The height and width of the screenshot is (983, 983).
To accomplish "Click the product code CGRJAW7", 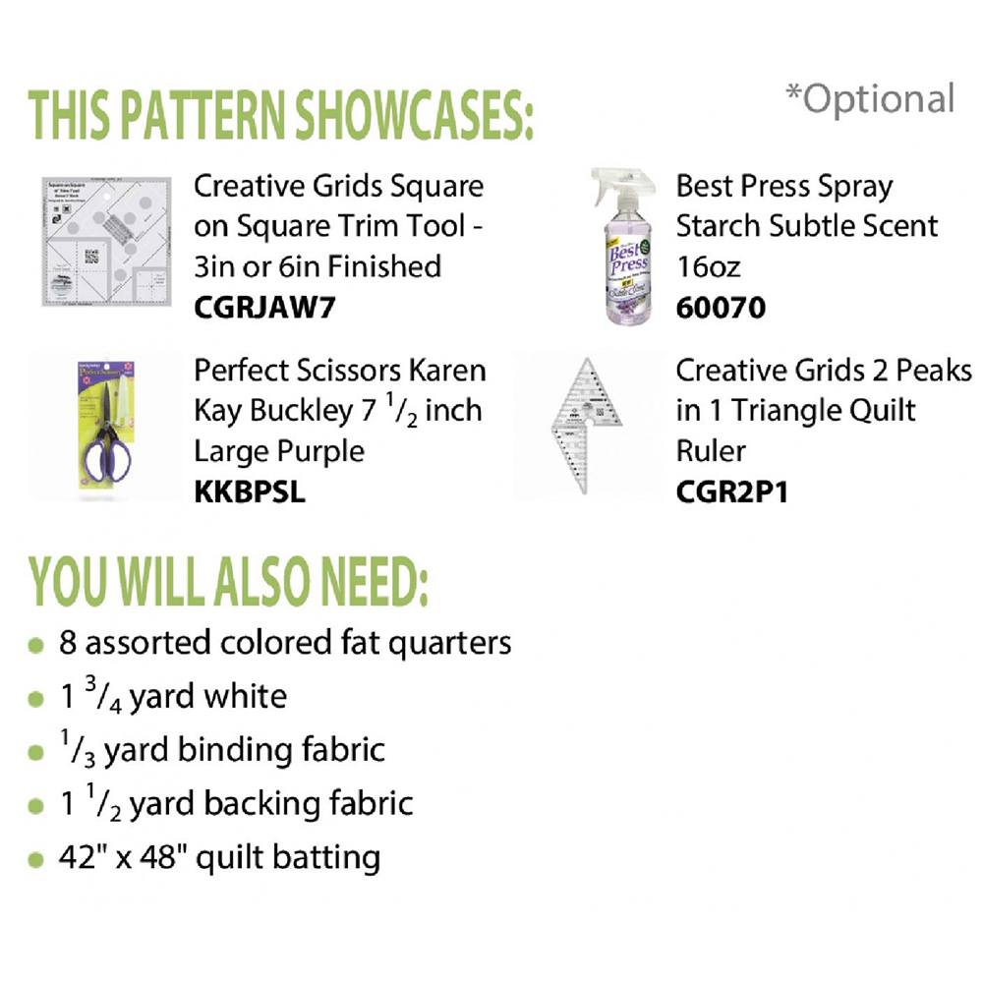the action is [x=264, y=307].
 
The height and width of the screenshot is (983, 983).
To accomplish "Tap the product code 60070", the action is [x=721, y=307].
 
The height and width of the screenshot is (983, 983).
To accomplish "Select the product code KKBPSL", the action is [x=250, y=491].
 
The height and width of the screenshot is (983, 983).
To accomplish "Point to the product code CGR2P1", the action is [x=731, y=491].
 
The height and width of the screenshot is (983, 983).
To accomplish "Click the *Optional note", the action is [x=870, y=99].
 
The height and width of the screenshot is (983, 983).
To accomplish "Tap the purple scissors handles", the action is [x=106, y=451].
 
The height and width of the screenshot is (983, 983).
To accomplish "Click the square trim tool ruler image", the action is [x=106, y=242].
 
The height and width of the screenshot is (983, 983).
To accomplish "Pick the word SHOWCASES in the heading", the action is [x=415, y=115].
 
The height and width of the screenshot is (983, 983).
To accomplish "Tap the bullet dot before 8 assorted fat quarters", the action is [x=36, y=646].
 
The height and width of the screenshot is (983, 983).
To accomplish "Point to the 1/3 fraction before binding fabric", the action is [x=78, y=747].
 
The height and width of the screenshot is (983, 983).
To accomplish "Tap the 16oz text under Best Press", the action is [x=709, y=267].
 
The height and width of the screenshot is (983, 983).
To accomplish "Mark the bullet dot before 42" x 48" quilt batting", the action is [x=36, y=860].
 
